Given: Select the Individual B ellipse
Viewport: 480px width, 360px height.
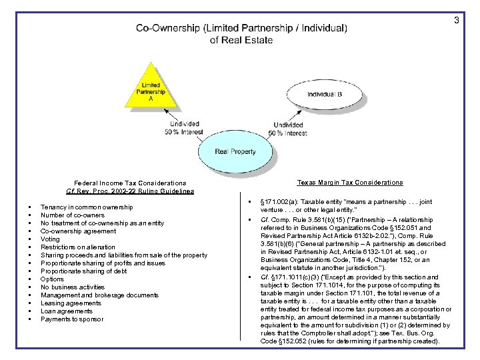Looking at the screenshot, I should click(324, 94).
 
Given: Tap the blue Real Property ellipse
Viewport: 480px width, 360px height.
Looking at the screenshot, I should click(235, 151).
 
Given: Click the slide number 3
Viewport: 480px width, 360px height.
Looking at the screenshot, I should click(457, 21).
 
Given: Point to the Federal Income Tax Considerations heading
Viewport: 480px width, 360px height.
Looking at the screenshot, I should click(130, 183).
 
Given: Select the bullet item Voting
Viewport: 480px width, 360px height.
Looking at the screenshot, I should click(50, 239).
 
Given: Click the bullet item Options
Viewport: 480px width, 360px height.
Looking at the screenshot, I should click(52, 279).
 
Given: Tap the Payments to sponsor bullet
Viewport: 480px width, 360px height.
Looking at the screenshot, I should click(72, 319).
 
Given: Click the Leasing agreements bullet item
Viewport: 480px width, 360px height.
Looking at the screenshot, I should click(71, 303).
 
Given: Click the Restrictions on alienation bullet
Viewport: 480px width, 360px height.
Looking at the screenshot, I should click(77, 247).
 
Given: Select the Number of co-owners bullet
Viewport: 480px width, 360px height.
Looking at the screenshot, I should click(72, 215).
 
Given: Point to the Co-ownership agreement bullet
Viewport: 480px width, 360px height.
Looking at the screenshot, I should click(78, 231).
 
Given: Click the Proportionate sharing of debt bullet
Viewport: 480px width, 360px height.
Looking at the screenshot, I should click(83, 271).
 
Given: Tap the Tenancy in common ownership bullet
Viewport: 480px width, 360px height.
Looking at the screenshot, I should click(86, 207).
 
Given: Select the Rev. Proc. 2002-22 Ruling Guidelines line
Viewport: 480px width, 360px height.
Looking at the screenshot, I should click(130, 191).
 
